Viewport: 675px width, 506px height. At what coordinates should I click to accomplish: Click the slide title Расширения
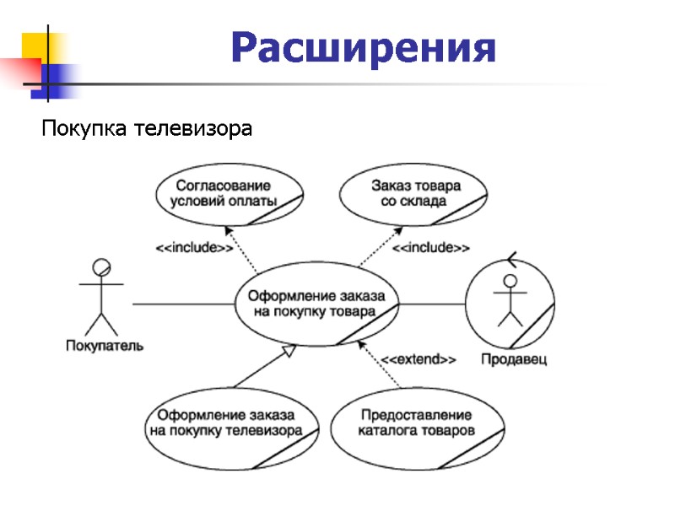(364, 48)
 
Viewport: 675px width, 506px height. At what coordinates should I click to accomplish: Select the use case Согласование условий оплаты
(229, 193)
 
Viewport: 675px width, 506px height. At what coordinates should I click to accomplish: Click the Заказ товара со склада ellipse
(414, 193)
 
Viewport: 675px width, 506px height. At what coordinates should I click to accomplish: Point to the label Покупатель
(105, 344)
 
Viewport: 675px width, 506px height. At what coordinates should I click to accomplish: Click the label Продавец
(514, 360)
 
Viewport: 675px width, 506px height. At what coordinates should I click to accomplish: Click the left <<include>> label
(194, 248)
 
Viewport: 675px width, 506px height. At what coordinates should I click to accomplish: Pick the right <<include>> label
(431, 248)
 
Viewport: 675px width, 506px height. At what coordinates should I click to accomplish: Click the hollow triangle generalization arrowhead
(289, 353)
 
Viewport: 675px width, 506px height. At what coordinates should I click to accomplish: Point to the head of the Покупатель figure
(101, 268)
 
